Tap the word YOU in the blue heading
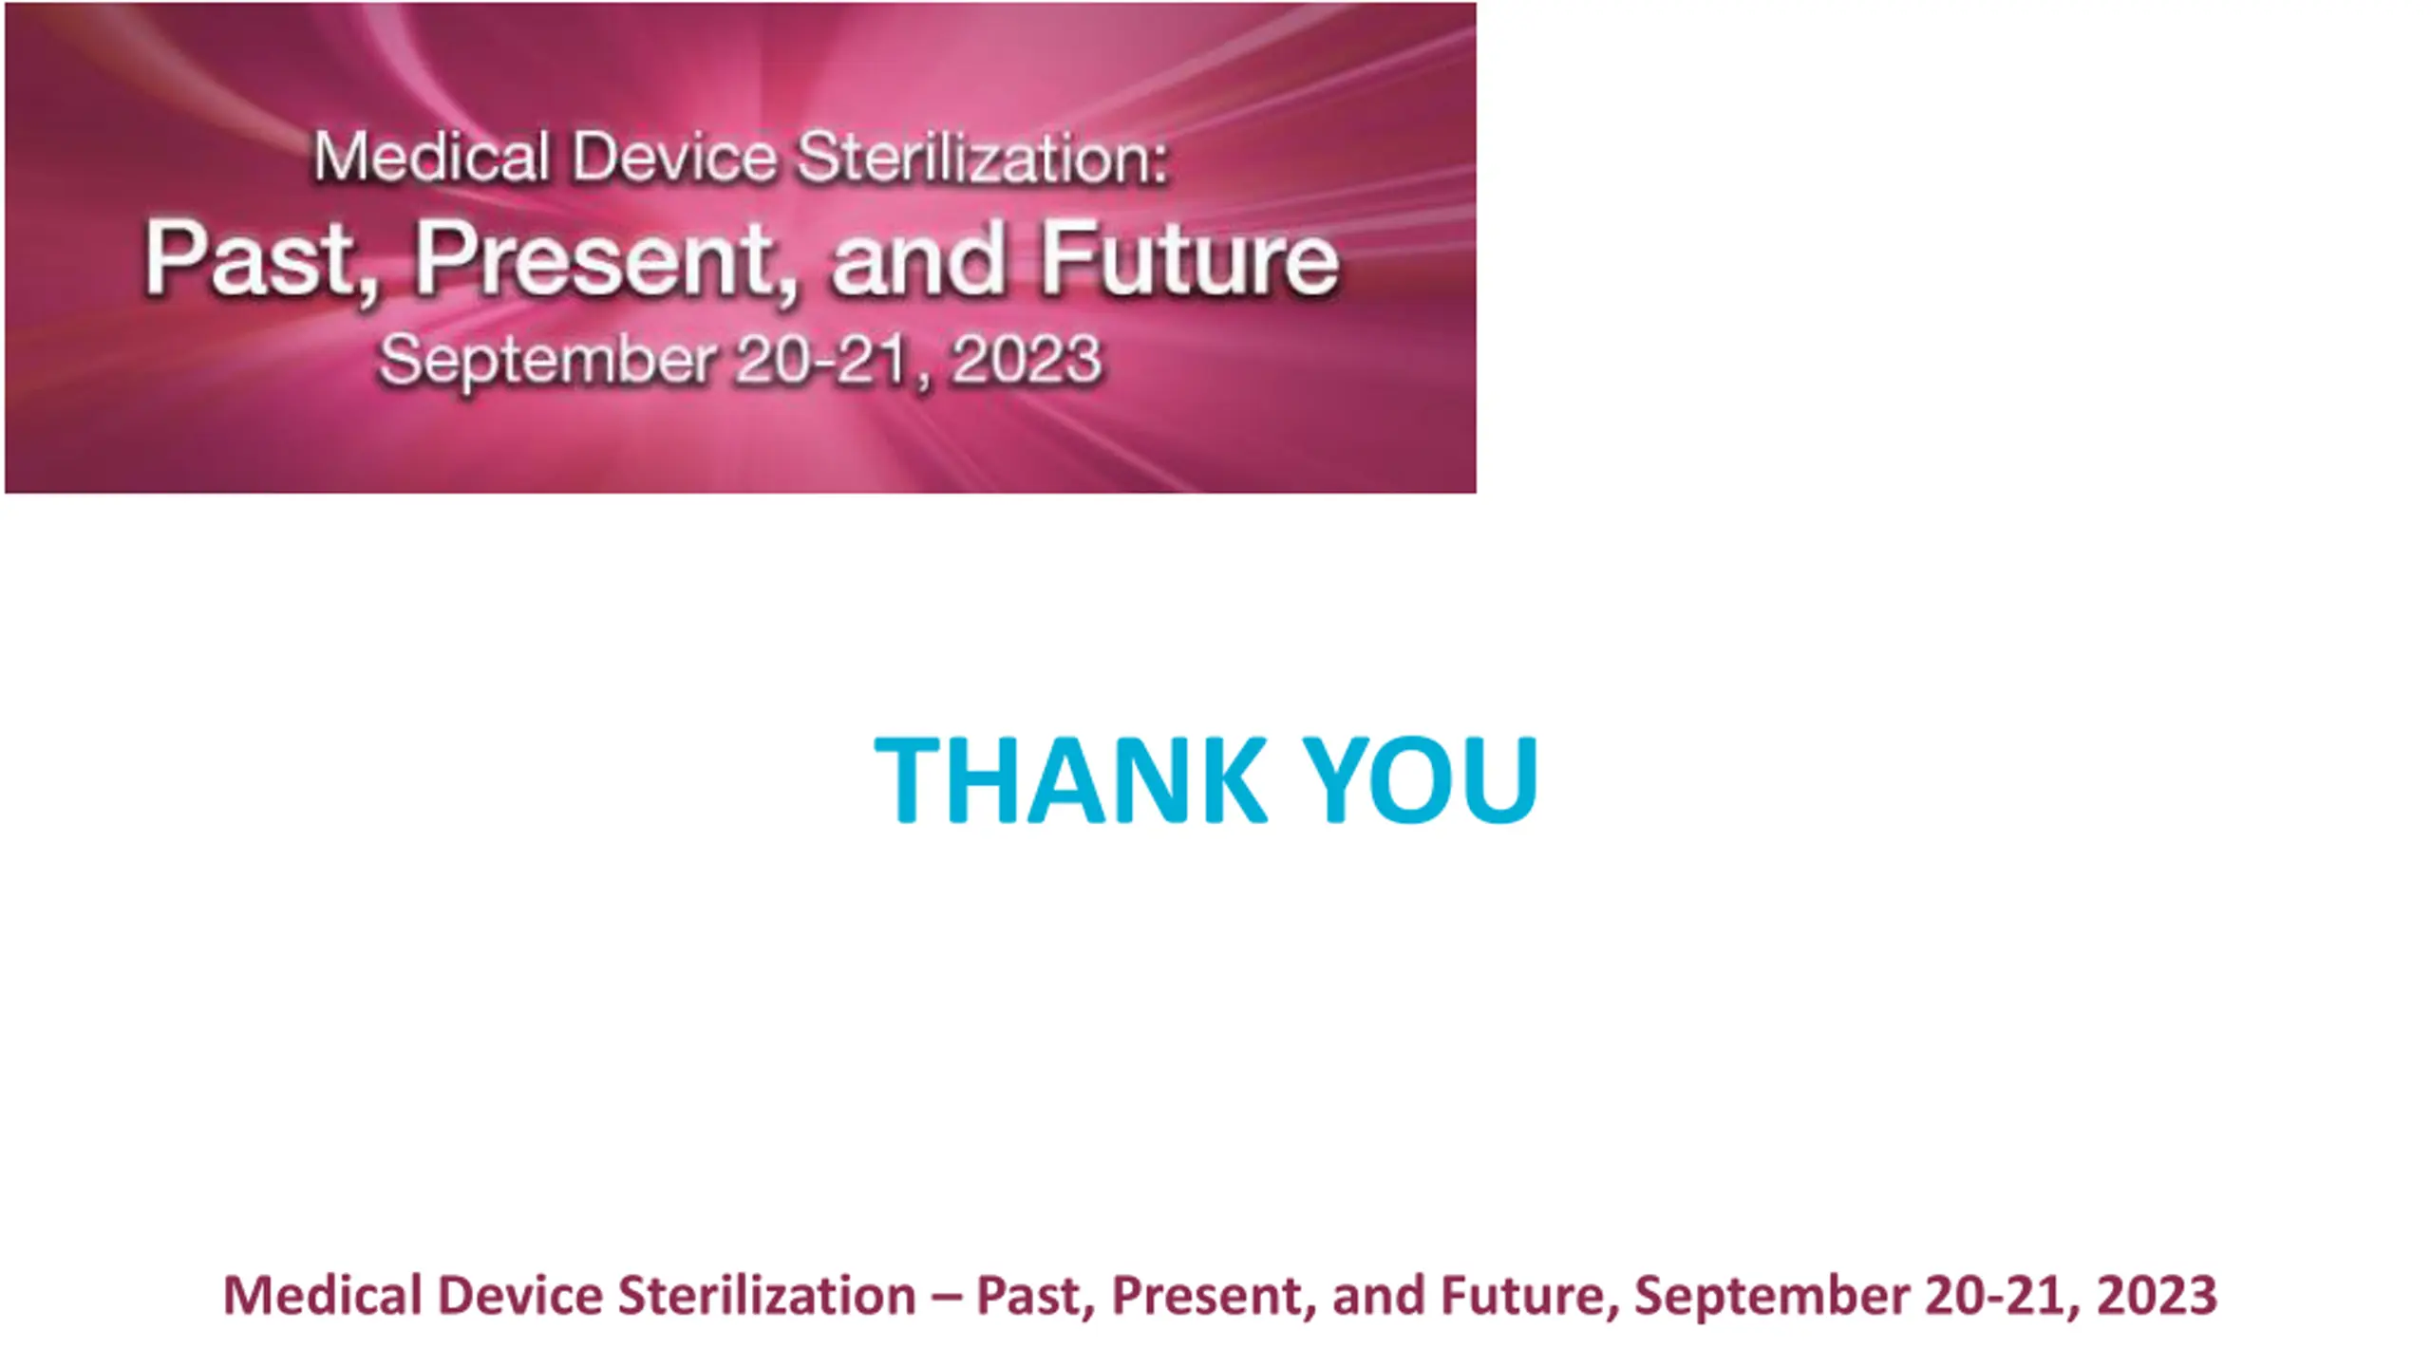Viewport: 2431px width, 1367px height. pyautogui.click(x=1420, y=779)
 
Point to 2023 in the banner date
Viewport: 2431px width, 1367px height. pyautogui.click(x=1027, y=361)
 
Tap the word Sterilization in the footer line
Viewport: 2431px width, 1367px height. pyautogui.click(x=766, y=1295)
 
